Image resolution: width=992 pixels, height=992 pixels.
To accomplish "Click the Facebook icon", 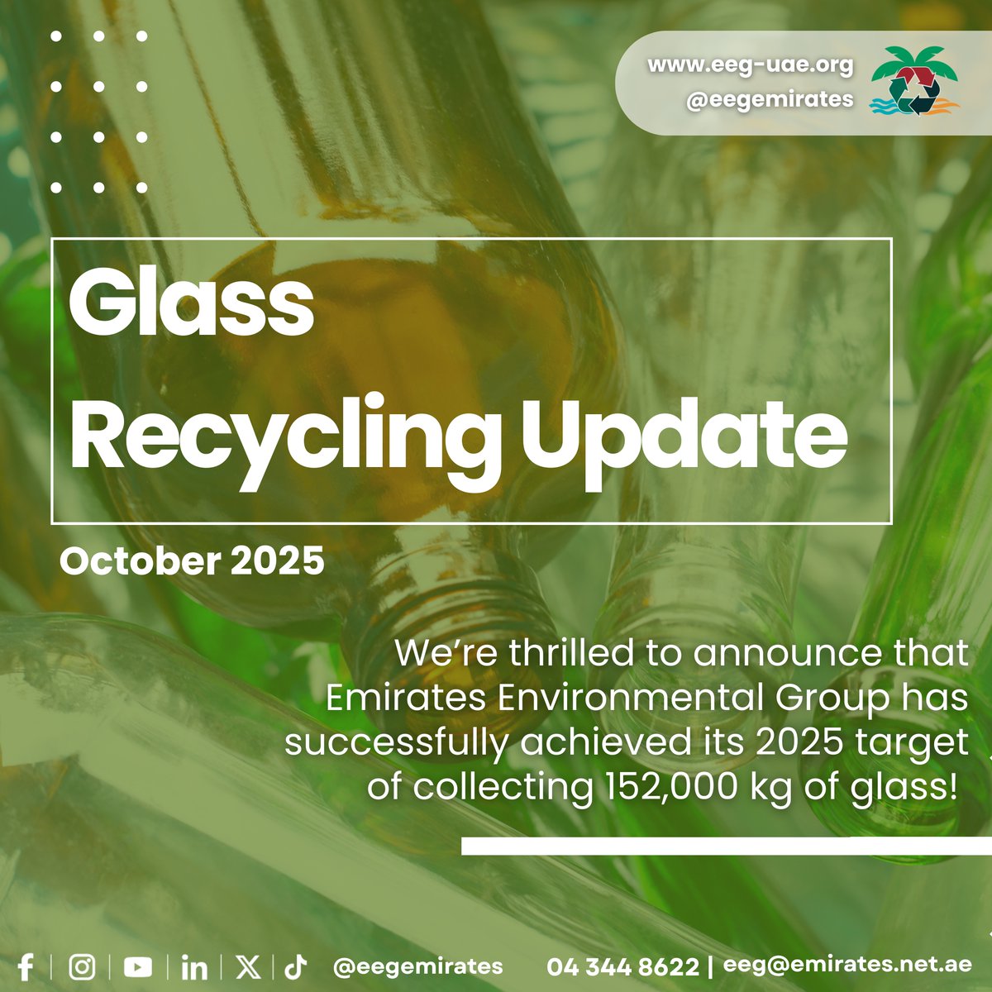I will click(26, 966).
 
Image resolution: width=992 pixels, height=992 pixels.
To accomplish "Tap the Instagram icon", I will click(82, 966).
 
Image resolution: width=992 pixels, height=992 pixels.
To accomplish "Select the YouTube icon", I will click(138, 966).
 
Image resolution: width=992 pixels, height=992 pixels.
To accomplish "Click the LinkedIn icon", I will click(194, 966).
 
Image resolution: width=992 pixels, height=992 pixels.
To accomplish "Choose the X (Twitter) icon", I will click(248, 966).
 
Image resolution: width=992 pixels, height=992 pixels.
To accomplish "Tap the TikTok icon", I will click(296, 966).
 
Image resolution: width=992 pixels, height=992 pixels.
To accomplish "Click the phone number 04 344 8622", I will click(622, 966).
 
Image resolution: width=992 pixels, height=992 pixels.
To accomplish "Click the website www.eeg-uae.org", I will click(750, 64).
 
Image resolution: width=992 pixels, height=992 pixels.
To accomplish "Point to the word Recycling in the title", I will click(286, 440).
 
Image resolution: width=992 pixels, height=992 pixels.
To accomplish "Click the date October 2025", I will click(192, 562).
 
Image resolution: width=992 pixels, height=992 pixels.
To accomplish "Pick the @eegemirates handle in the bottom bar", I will click(417, 966).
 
